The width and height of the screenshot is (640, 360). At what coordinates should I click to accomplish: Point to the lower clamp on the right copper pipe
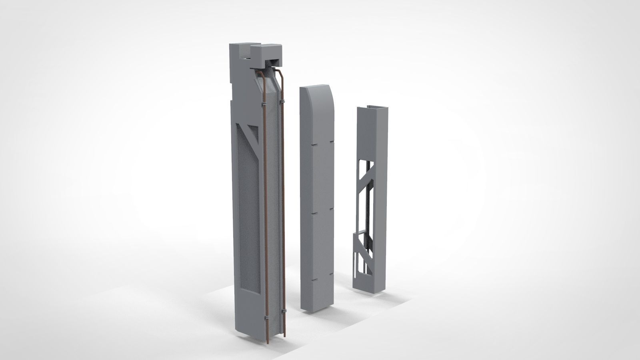point(283,311)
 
